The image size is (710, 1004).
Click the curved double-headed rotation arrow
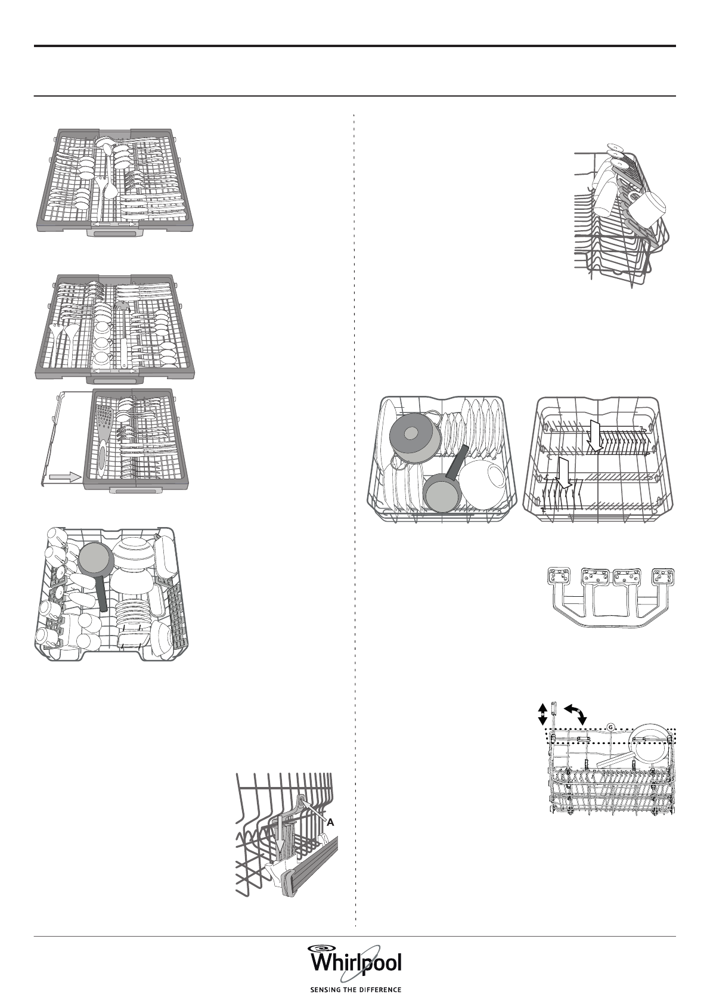tap(576, 712)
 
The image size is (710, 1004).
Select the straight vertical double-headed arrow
tap(542, 714)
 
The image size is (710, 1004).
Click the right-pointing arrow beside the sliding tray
tap(66, 477)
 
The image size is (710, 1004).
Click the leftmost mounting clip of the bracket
tap(559, 577)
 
